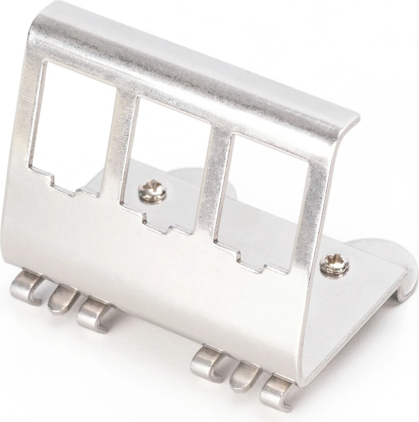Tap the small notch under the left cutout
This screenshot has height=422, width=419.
coord(66,184)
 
